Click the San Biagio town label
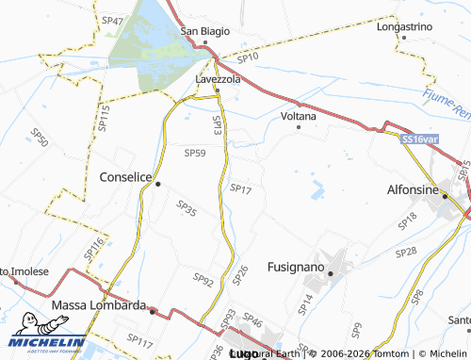[x=205, y=31]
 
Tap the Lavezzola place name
[x=219, y=80]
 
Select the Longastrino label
[x=403, y=27]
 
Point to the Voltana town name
[x=299, y=116]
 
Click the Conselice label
[x=126, y=174]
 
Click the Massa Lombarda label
[x=99, y=305]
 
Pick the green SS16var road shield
[x=419, y=139]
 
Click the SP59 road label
[x=195, y=153]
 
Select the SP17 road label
[x=241, y=189]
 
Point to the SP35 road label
[x=187, y=206]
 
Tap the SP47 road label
[x=112, y=20]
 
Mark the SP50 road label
[x=40, y=138]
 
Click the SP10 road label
[x=248, y=58]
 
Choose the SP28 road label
[x=406, y=253]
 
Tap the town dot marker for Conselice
[x=158, y=184]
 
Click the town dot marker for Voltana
[x=299, y=126]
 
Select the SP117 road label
[x=139, y=338]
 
